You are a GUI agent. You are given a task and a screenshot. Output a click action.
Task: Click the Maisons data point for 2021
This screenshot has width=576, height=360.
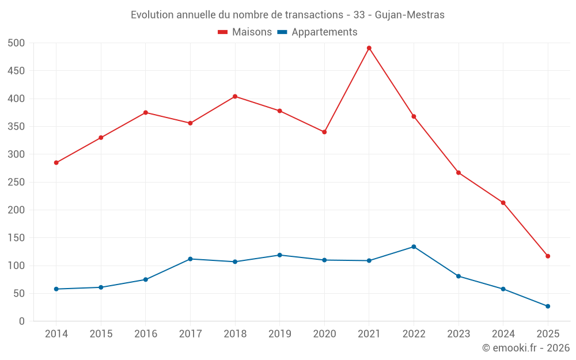369,48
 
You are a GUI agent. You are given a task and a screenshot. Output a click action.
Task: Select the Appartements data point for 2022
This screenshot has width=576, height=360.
414,247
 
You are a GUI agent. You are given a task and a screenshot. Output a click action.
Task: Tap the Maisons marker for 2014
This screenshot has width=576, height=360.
56,162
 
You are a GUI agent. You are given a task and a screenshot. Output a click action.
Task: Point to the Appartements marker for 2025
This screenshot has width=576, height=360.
548,306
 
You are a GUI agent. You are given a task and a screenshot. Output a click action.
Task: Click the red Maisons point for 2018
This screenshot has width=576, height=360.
235,96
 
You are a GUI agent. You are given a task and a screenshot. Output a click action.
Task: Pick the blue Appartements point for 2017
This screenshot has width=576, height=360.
190,259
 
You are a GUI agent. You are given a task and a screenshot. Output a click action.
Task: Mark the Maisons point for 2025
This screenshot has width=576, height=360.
548,256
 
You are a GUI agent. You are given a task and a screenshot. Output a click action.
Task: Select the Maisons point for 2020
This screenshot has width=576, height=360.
324,132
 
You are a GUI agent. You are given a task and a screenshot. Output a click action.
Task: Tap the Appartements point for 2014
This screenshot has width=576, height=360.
56,289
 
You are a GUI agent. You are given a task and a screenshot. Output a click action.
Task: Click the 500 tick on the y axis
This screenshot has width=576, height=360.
17,43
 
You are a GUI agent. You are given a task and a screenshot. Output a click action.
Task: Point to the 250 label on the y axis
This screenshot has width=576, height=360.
17,182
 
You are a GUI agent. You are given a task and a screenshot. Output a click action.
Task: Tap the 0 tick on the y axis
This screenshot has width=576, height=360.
22,321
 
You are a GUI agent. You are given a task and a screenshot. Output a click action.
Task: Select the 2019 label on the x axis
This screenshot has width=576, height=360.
279,334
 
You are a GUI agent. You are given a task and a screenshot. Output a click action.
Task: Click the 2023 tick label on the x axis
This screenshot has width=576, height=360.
458,334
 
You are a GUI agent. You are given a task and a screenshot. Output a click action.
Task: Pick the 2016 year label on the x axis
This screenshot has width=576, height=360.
145,334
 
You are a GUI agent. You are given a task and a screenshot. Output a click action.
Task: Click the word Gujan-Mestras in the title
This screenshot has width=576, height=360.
410,15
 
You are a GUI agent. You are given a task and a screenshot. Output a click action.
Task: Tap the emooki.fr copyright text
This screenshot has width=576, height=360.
526,348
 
